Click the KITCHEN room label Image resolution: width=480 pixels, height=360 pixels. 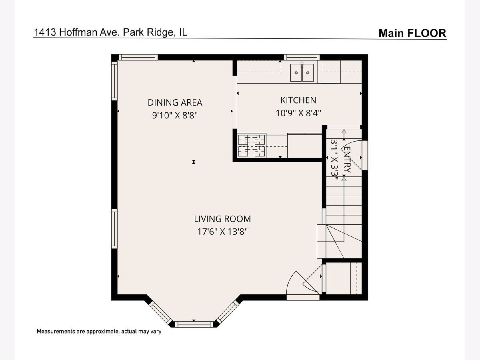click(x=298, y=100)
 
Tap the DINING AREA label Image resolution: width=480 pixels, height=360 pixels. click(x=175, y=102)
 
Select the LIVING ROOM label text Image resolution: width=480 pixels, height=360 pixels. click(x=222, y=219)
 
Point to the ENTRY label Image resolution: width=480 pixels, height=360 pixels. click(x=347, y=159)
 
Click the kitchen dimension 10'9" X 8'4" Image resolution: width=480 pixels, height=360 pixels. click(x=298, y=113)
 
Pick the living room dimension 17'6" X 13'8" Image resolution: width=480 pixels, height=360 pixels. click(x=222, y=231)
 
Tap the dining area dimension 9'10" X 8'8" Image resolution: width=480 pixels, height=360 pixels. click(x=175, y=115)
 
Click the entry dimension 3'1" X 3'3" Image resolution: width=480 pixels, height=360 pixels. click(x=334, y=160)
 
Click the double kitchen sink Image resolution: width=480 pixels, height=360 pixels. click(x=302, y=72)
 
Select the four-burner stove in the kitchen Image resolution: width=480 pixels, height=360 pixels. click(x=252, y=145)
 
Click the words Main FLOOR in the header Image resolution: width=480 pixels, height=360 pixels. click(x=412, y=33)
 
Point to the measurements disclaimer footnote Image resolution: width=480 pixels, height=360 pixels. click(x=99, y=331)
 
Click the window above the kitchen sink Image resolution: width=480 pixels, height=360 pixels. click(x=302, y=57)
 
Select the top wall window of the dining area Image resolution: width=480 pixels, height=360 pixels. click(x=138, y=57)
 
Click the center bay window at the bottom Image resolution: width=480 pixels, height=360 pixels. click(x=194, y=324)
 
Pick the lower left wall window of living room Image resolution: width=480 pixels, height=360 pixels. click(x=114, y=229)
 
